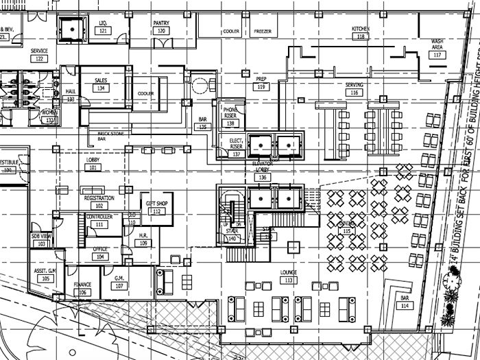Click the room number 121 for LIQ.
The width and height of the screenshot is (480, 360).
pos(103,32)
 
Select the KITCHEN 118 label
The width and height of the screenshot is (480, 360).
pos(361,32)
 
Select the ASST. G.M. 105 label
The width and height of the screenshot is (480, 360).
pos(47,275)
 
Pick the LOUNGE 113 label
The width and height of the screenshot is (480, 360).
pos(288,276)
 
